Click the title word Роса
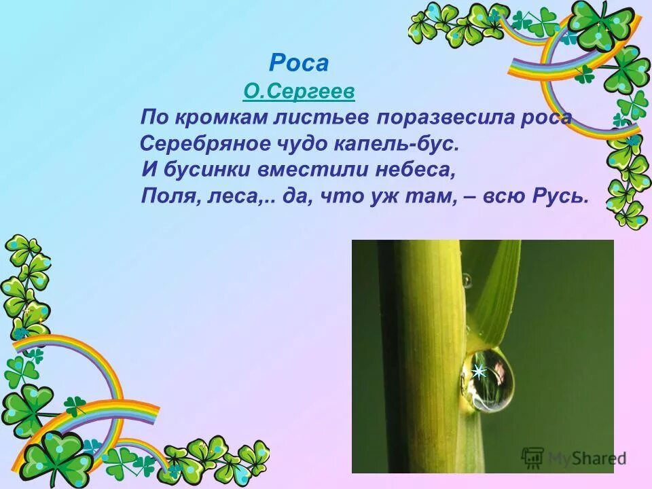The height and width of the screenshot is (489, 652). (299, 63)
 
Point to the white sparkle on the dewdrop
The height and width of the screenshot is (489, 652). (479, 372)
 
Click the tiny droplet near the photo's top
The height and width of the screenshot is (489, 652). (466, 280)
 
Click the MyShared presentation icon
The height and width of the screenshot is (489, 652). (532, 456)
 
